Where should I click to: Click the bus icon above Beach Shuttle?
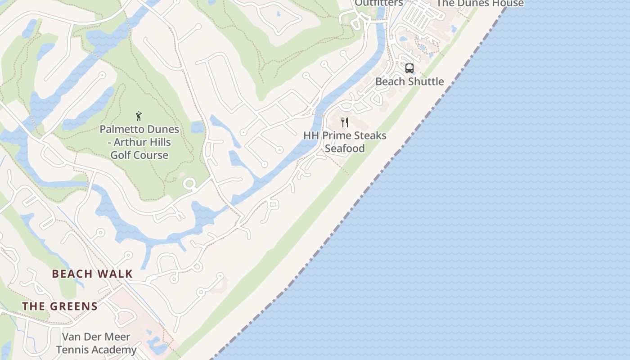tap(409, 68)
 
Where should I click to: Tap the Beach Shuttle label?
tap(409, 81)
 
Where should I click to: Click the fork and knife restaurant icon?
tap(345, 122)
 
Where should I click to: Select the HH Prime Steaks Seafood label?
tap(345, 142)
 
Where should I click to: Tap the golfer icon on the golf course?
tap(139, 116)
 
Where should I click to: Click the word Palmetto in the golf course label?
tap(119, 129)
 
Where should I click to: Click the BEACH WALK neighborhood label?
tap(92, 274)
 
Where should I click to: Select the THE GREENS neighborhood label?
tap(60, 306)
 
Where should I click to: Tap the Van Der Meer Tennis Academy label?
tap(96, 343)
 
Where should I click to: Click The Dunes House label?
tap(480, 4)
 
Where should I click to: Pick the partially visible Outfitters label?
tap(378, 3)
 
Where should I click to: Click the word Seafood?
tap(345, 148)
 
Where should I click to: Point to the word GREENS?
tap(73, 306)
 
